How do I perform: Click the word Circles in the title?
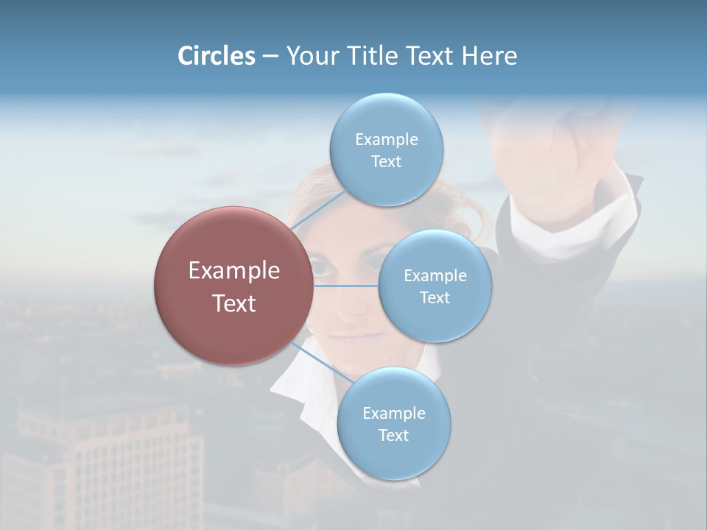pos(216,56)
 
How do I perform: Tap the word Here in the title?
pos(489,56)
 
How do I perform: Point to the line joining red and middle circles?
pos(345,286)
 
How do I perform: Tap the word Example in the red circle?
pos(234,271)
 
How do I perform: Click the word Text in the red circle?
pos(234,303)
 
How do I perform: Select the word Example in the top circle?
pos(386,139)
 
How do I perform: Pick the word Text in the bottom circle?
pos(393,435)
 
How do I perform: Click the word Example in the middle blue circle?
pos(435,276)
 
